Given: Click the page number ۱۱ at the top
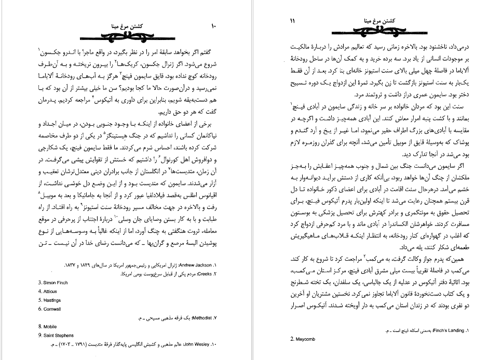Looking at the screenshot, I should point(292,21).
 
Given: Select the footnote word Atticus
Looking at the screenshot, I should point(49,291).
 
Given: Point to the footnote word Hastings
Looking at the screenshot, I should point(49,300).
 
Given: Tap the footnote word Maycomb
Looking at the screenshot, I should point(302,339).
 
